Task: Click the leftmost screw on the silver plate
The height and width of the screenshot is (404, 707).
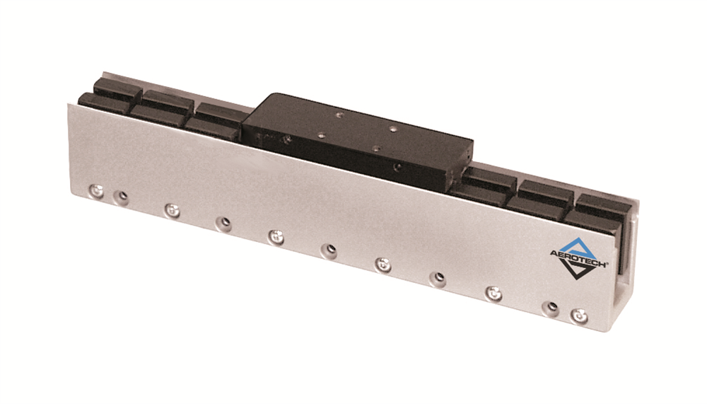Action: pos(96,190)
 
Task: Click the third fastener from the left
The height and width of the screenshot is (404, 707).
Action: pos(170,209)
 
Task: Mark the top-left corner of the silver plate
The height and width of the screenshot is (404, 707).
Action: pos(69,105)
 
